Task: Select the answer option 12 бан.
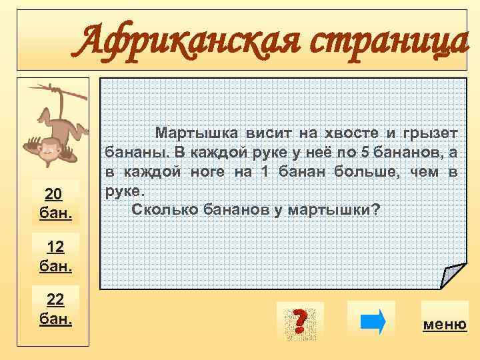tap(56, 257)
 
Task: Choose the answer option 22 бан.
tap(56, 309)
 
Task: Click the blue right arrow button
tap(372, 320)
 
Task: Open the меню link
tap(445, 325)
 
